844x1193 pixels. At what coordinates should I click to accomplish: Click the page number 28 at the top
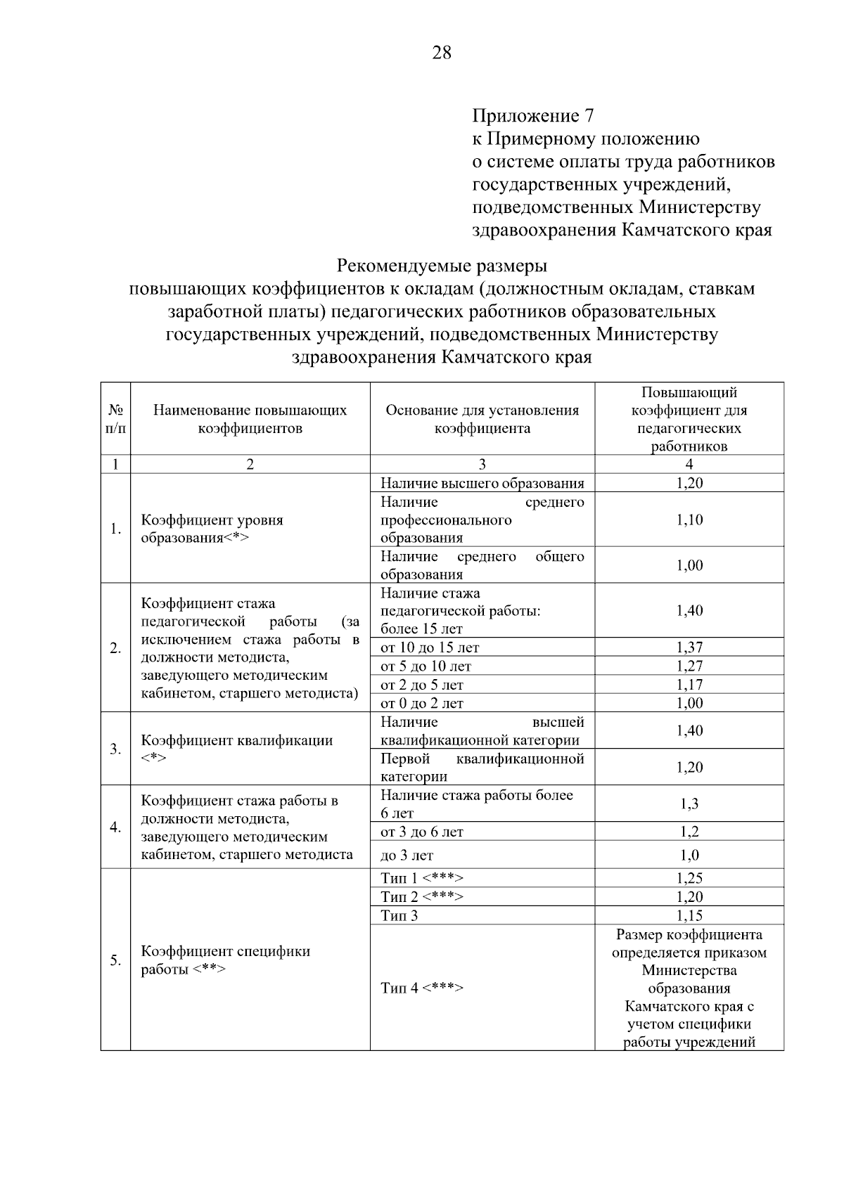[x=442, y=53]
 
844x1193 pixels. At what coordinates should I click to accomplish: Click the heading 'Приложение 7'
[x=533, y=115]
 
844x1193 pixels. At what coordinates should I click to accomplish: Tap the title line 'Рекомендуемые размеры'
[x=442, y=266]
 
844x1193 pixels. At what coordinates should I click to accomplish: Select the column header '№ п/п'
[x=116, y=419]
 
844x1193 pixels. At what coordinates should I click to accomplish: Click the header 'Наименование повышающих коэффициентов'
[x=250, y=419]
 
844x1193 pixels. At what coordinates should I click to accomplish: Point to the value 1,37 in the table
[x=689, y=647]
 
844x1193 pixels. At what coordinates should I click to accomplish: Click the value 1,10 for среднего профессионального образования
[x=689, y=520]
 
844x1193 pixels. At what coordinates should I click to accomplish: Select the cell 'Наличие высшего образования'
[x=482, y=483]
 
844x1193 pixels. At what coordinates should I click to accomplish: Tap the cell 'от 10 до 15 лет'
[x=430, y=647]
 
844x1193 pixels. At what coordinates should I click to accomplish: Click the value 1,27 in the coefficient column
[x=689, y=666]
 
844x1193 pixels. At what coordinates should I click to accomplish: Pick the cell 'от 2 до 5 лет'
[x=422, y=685]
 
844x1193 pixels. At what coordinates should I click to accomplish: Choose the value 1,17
[x=689, y=685]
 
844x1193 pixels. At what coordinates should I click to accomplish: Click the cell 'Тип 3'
[x=399, y=915]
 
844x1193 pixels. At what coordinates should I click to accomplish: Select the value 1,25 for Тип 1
[x=689, y=878]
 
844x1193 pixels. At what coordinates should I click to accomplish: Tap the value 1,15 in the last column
[x=689, y=915]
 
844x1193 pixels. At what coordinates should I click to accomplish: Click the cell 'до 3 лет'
[x=407, y=856]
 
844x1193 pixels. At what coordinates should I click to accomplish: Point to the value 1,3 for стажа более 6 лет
[x=689, y=804]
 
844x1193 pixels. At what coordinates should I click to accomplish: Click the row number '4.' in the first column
[x=116, y=827]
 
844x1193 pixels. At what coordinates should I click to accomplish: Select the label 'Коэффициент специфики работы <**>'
[x=226, y=960]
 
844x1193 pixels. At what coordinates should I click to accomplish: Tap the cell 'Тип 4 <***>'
[x=422, y=988]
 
